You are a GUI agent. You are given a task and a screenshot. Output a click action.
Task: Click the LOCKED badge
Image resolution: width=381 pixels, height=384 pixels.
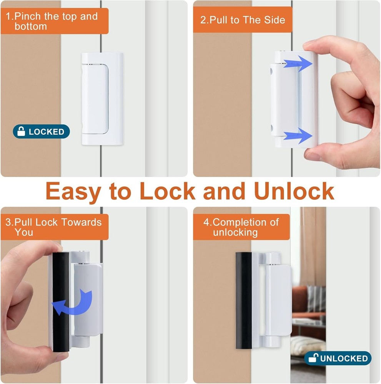tap(41, 132)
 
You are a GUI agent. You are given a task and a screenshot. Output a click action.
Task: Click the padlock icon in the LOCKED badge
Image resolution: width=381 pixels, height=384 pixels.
tap(21, 132)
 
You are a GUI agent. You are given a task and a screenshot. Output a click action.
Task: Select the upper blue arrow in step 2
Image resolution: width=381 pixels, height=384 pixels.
tap(298, 63)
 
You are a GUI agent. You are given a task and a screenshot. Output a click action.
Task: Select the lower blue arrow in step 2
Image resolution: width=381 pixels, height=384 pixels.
tap(298, 136)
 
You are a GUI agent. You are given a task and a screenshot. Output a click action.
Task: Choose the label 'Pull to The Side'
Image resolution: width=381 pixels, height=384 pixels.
tap(242, 20)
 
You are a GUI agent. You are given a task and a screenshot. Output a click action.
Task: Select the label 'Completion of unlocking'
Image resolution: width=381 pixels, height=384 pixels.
tap(241, 227)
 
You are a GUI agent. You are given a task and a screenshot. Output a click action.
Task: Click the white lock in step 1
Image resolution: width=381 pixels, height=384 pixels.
tap(102, 99)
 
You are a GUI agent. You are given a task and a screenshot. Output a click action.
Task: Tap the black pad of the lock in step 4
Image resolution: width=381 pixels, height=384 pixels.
tap(243, 300)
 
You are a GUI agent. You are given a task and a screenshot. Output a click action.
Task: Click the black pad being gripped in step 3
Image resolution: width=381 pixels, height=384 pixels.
tap(60, 301)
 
